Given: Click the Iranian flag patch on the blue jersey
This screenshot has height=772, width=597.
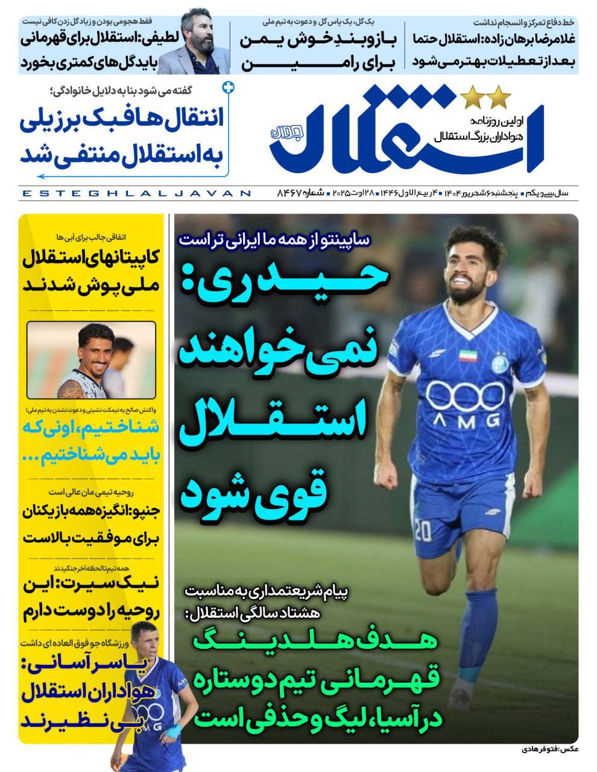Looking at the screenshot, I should point(468,355).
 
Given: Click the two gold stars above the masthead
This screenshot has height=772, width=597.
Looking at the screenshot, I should point(485,95).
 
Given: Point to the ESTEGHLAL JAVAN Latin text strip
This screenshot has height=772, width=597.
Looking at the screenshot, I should point(136,194).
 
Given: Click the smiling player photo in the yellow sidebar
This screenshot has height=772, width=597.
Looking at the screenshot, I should point(92,360).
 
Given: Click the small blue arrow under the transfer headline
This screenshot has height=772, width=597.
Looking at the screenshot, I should point(42,177).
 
